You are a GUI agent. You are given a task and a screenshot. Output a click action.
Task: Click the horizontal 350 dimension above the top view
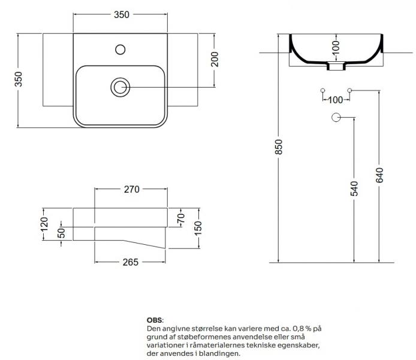[122, 14]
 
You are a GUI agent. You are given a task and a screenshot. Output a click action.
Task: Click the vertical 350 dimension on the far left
[19, 80]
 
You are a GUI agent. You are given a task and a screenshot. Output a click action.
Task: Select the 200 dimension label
[215, 58]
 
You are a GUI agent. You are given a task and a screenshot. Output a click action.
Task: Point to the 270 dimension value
[131, 190]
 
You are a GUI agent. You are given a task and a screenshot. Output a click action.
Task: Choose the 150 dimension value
[198, 228]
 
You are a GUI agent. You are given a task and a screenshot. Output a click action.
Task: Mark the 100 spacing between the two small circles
[336, 99]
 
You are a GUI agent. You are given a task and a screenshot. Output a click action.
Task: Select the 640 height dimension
[379, 175]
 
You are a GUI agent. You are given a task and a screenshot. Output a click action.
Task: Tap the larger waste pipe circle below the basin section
[336, 118]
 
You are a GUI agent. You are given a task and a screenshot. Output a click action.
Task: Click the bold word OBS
[155, 321]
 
